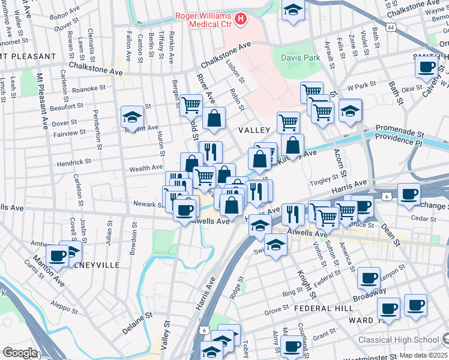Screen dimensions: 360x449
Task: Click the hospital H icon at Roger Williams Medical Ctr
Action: click(x=241, y=20)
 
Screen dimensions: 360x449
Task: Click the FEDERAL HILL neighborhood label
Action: click(x=318, y=308)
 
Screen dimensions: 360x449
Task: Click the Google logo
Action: click(x=19, y=352)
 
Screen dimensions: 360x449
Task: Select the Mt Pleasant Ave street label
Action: click(x=42, y=102)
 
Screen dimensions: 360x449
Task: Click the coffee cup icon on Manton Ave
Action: click(x=58, y=255)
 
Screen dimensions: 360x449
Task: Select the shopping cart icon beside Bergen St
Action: click(x=191, y=104)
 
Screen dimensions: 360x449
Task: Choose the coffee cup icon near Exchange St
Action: click(x=409, y=194)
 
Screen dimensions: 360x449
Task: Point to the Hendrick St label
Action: click(x=74, y=161)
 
